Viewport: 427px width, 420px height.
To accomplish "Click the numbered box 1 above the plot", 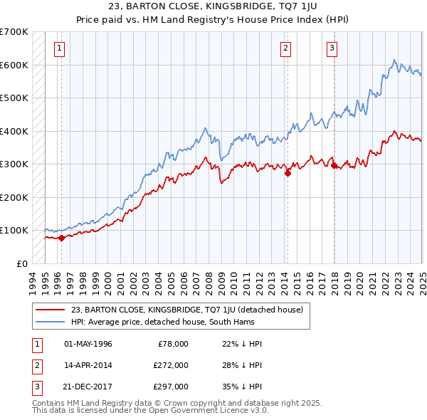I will [58, 48].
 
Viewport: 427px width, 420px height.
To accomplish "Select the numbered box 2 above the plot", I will [285, 48].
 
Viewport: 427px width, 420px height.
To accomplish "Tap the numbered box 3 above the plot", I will [332, 48].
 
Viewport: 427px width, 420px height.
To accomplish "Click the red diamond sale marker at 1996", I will [61, 238].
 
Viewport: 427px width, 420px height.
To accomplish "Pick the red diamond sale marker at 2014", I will [288, 172].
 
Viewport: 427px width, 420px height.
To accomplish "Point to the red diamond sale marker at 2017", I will [334, 165].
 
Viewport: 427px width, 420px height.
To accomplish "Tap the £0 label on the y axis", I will [22, 263].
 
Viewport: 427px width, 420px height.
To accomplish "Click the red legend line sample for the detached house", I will [51, 310].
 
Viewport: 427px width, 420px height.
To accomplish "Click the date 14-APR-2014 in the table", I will [88, 365].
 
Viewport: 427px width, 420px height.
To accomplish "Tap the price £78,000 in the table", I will [173, 344].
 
